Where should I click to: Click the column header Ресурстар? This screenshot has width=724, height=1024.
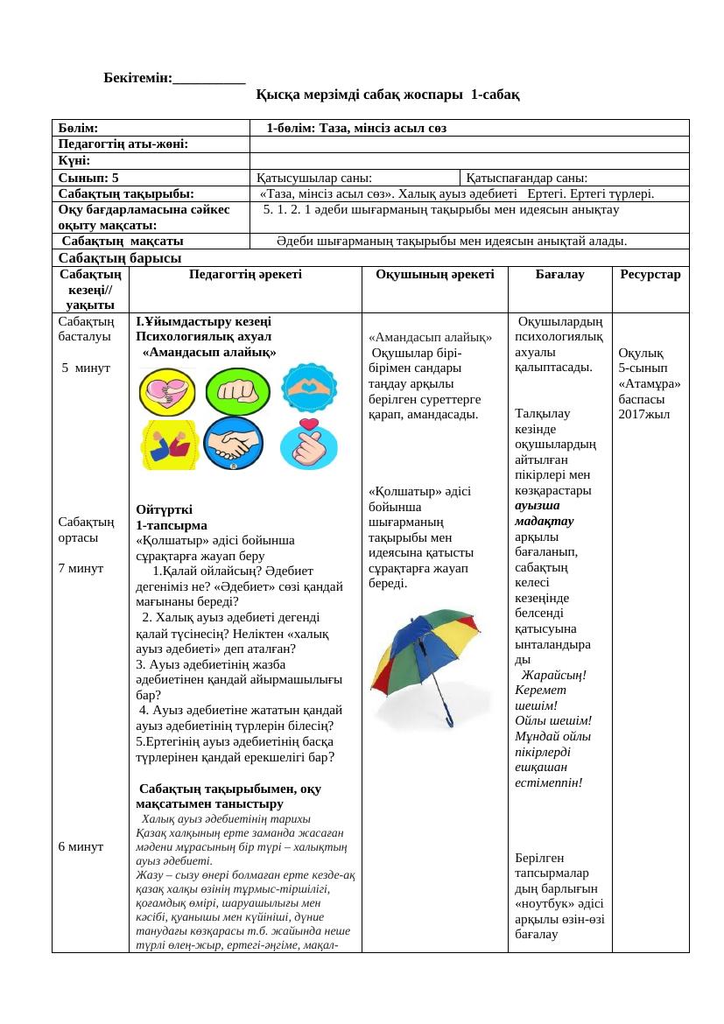pos(650,275)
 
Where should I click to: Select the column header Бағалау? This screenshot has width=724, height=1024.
pos(559,275)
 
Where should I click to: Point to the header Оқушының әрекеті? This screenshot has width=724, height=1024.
pos(434,275)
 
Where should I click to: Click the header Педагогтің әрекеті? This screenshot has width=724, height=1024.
pos(245,275)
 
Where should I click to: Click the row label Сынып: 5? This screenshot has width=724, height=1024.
pos(88,177)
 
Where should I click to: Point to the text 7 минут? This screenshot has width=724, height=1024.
pos(81,568)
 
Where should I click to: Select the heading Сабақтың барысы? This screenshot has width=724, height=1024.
pos(119,257)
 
